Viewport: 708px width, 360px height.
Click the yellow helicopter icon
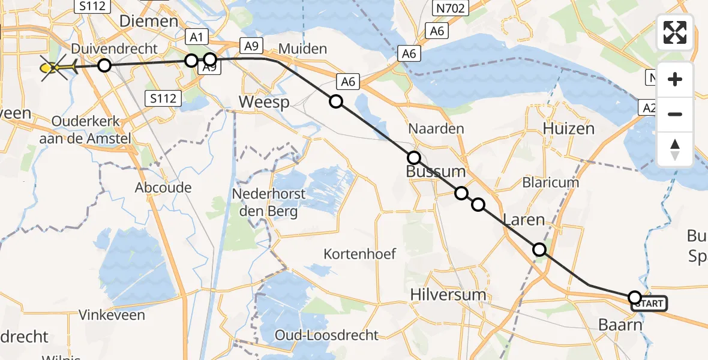pos(57,68)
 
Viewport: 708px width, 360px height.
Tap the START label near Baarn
pos(649,304)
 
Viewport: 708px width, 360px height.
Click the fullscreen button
pos(675,32)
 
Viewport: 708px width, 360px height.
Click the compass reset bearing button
pos(675,149)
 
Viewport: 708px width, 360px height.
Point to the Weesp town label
pos(264,102)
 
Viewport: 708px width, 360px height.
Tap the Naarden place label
pos(436,128)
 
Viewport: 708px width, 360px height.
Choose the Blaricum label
pos(550,182)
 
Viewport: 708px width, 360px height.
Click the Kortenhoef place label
pos(359,254)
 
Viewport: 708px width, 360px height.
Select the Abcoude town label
pos(163,188)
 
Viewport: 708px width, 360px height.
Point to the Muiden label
pos(303,49)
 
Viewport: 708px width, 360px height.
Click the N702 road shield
pos(450,8)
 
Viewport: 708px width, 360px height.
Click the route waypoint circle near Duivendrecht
pos(104,65)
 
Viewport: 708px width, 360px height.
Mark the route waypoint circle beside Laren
pos(539,250)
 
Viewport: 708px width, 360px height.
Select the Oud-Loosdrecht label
pos(326,335)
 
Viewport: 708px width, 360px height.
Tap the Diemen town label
pos(149,22)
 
